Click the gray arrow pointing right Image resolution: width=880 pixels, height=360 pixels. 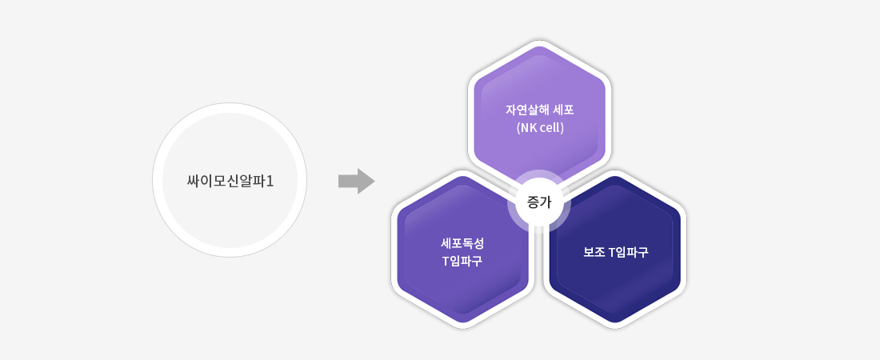click(x=356, y=181)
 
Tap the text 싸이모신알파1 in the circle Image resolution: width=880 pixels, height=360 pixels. click(x=230, y=182)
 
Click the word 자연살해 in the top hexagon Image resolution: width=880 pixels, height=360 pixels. click(x=525, y=110)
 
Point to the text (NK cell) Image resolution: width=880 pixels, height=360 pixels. click(x=539, y=127)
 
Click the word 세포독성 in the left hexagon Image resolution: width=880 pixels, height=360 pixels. click(x=462, y=244)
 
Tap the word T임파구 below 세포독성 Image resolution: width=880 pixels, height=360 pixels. click(x=462, y=261)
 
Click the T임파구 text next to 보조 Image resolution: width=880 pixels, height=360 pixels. click(x=629, y=252)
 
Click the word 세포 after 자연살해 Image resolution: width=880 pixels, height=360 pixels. click(x=563, y=110)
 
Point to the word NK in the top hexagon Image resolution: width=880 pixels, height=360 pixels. click(x=529, y=127)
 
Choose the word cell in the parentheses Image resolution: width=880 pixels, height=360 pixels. click(x=550, y=127)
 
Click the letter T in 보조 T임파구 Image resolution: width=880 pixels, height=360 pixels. click(x=613, y=253)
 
